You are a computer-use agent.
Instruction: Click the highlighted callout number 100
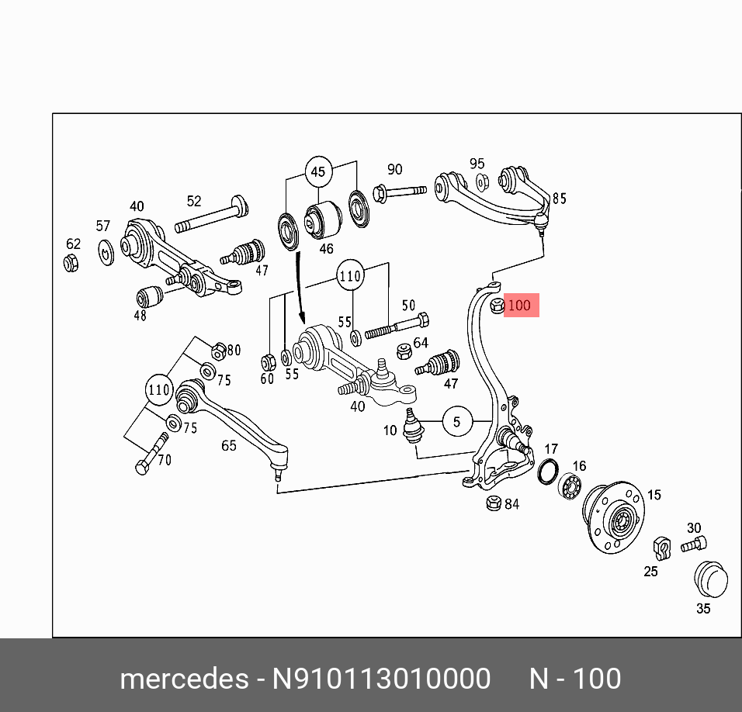[x=519, y=306]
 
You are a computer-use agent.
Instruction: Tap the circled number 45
[x=318, y=172]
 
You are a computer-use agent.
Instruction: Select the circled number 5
[x=457, y=422]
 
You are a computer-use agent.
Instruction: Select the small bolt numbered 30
[x=694, y=544]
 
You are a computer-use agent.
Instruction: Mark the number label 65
[x=228, y=445]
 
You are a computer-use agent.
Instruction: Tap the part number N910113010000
[x=380, y=679]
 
